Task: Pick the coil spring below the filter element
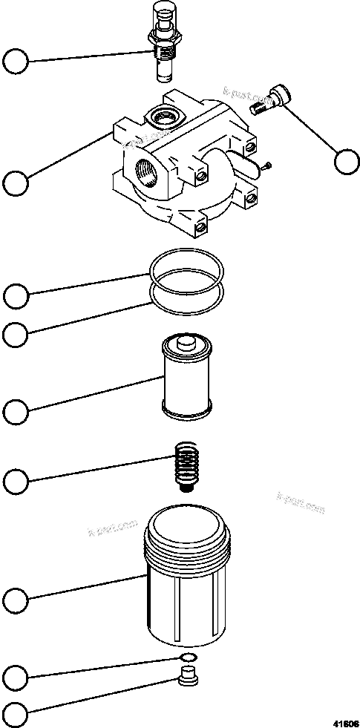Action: click(x=186, y=465)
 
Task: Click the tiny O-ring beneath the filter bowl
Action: click(x=188, y=659)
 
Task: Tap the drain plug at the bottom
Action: click(x=189, y=679)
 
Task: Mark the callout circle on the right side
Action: click(x=345, y=162)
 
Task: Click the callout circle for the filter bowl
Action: click(x=16, y=598)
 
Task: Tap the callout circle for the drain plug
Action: click(x=16, y=715)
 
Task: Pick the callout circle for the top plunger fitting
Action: click(x=16, y=60)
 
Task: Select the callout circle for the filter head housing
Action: click(x=16, y=183)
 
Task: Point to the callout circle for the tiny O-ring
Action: click(x=16, y=676)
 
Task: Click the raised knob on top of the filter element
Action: click(x=186, y=343)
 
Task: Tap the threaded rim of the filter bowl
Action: click(x=189, y=545)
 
